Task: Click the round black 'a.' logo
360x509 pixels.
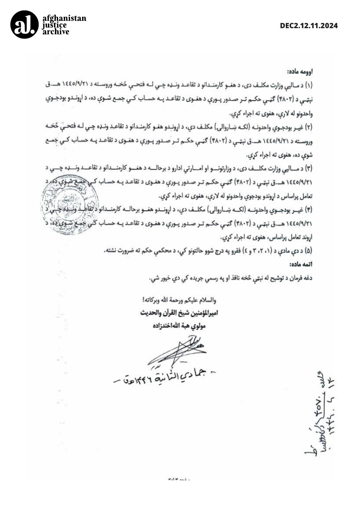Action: (x=24, y=25)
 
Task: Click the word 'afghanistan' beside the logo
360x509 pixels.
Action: (x=64, y=18)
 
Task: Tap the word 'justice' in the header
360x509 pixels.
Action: (x=55, y=25)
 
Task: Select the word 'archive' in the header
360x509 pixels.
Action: (x=56, y=31)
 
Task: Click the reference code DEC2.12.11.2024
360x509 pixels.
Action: (x=309, y=26)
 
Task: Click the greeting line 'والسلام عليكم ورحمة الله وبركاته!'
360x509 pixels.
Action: (x=178, y=300)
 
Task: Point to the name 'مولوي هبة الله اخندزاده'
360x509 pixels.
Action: (x=179, y=326)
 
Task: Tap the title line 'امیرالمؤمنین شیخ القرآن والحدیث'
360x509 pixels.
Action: (x=179, y=313)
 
